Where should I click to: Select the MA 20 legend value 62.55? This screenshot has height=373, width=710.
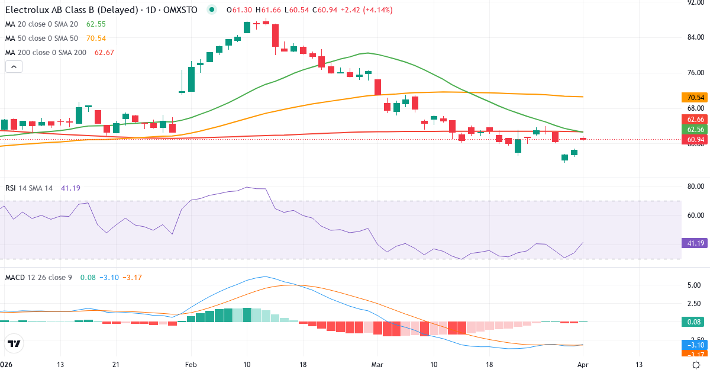coord(96,24)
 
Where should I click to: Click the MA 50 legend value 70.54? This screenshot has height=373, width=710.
coord(96,38)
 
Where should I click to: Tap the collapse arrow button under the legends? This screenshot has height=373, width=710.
coord(14,67)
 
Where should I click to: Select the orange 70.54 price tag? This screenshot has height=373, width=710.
coord(695,97)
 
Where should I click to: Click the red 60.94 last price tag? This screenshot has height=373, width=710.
coord(695,140)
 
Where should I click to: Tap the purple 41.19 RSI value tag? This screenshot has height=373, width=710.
coord(695,243)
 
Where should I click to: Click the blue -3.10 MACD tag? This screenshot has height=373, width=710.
coord(695,345)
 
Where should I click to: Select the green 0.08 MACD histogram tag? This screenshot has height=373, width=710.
coord(695,321)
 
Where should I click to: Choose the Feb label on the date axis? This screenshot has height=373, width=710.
coord(191,365)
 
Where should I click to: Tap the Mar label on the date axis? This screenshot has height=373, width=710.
coord(377,365)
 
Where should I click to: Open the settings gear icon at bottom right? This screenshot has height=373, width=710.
coord(696,365)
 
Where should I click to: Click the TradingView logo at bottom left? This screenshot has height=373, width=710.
coord(14,343)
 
